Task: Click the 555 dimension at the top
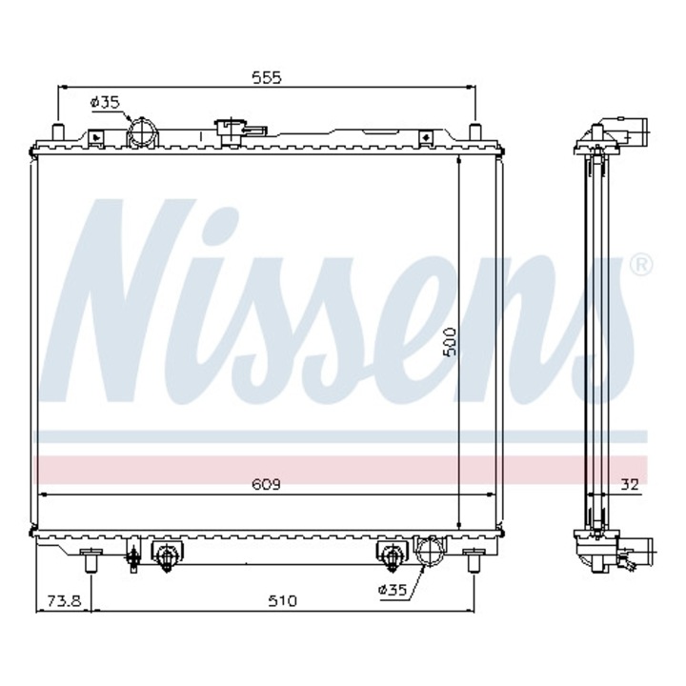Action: (268, 77)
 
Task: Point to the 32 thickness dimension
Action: (629, 484)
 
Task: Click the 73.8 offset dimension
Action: (64, 600)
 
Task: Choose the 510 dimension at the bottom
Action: (282, 600)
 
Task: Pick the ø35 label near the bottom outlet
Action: (393, 591)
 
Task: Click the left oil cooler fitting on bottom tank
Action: (167, 556)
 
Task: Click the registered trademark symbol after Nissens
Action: (640, 263)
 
